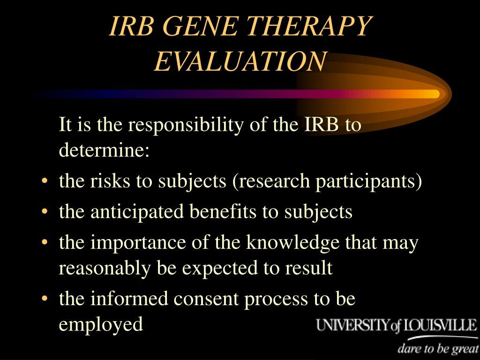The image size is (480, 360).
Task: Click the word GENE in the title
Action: (x=200, y=26)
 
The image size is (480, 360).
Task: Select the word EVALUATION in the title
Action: (x=240, y=61)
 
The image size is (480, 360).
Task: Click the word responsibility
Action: (x=186, y=125)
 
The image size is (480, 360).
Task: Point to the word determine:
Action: (x=104, y=150)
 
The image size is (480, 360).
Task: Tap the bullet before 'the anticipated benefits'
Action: (x=45, y=211)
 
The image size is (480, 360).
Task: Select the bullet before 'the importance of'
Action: (x=45, y=242)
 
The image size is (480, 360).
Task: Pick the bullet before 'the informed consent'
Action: (x=45, y=298)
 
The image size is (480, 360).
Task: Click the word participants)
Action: (x=368, y=181)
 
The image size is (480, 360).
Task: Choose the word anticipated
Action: (x=137, y=212)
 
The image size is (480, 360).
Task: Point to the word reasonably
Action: (x=105, y=269)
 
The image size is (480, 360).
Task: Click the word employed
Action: (x=101, y=324)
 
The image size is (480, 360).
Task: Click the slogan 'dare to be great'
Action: (x=438, y=349)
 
